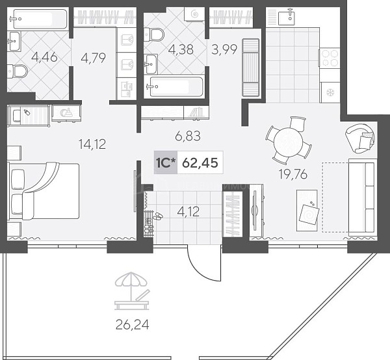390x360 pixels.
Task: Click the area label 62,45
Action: [200, 163]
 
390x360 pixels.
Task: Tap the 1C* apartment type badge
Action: [166, 162]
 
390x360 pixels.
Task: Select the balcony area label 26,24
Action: [133, 325]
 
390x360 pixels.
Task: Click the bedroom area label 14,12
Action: [92, 144]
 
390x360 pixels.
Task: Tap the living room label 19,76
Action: [293, 174]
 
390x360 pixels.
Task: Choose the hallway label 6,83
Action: [188, 136]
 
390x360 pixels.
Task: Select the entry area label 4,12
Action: [188, 212]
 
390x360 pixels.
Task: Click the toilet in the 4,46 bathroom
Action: [16, 71]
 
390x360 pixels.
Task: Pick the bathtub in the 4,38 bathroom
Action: [176, 86]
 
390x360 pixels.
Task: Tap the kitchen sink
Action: [286, 17]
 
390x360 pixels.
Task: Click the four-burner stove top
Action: [330, 58]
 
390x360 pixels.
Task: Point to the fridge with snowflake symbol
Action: [330, 93]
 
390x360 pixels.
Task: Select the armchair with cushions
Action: [360, 138]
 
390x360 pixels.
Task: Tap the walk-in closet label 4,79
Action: [94, 58]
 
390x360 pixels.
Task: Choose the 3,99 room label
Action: [224, 50]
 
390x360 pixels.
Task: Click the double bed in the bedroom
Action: [44, 191]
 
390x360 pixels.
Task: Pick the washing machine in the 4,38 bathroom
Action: [195, 14]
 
